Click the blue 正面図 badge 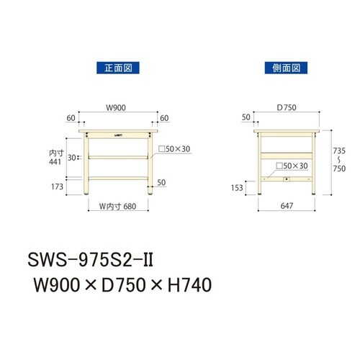pos(116,67)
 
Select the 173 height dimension pos(58,186)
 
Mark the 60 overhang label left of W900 pos(71,118)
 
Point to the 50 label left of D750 pos(247,118)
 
